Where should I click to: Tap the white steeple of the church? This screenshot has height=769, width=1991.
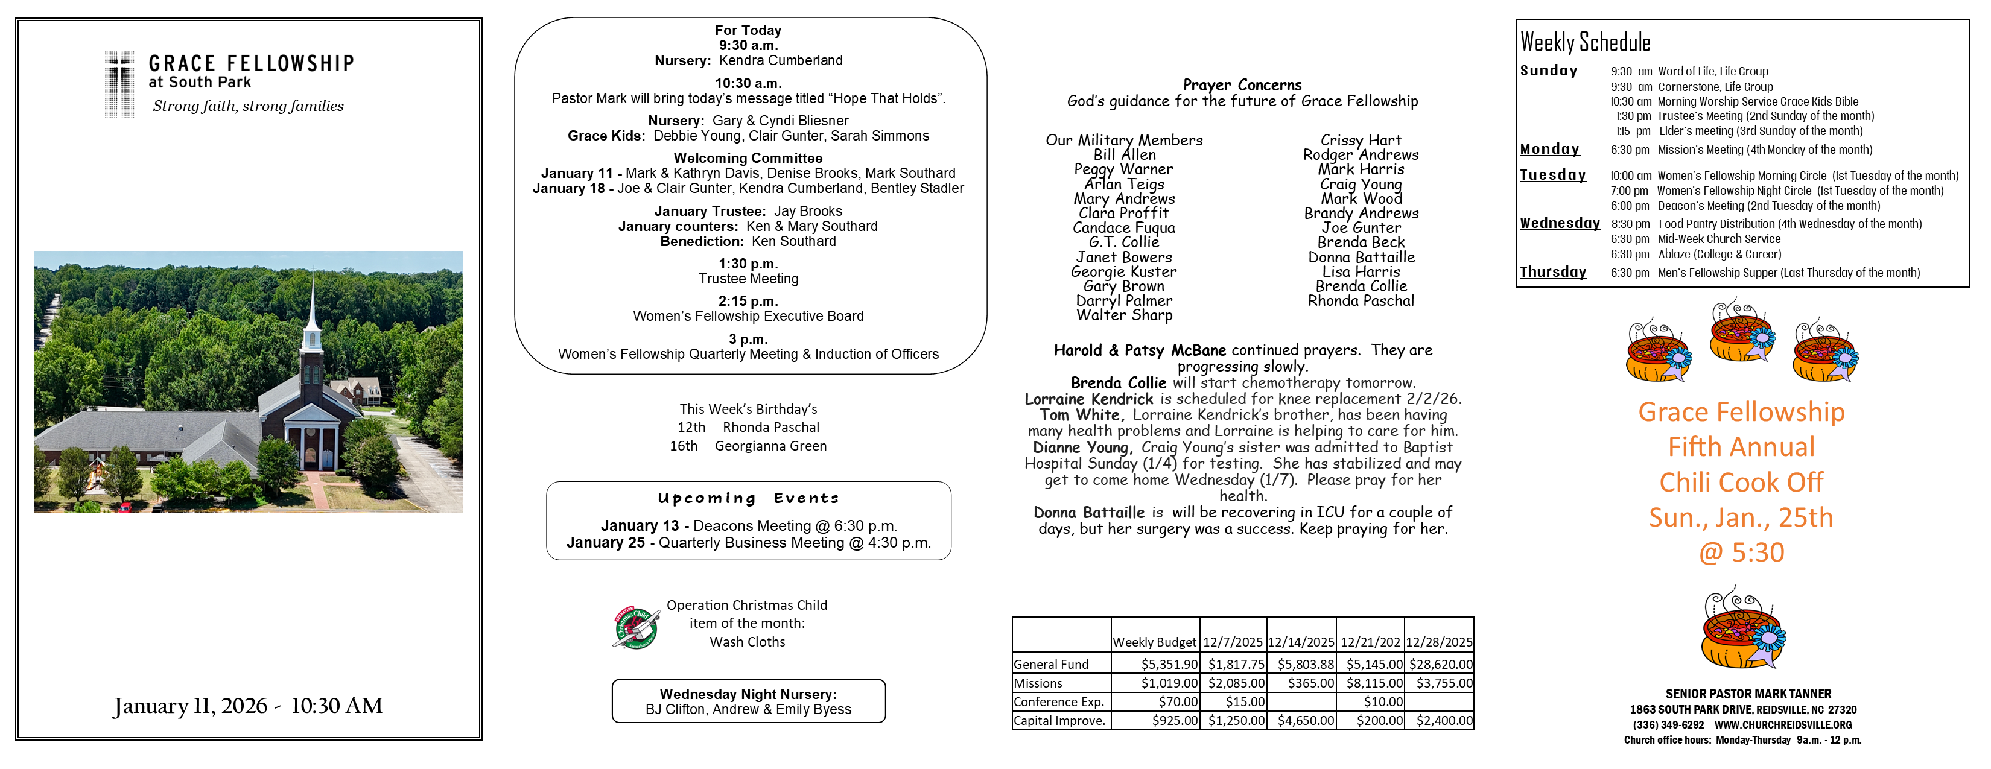point(313,309)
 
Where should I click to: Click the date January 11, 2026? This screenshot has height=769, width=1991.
point(190,706)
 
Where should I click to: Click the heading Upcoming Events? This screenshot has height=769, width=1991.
point(748,499)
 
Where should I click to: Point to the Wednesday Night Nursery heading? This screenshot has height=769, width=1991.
point(748,694)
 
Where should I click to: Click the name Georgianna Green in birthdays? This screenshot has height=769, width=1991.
point(770,446)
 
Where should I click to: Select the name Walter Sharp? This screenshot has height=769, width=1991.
point(1124,315)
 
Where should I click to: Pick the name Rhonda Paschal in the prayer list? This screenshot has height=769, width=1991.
point(1361,300)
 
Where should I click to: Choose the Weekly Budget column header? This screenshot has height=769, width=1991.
point(1154,642)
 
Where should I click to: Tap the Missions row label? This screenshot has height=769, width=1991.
point(1038,683)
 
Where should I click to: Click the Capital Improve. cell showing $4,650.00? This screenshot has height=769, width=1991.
point(1306,720)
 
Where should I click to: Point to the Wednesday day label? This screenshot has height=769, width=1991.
point(1559,223)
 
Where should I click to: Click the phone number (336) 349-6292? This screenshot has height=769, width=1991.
point(1668,725)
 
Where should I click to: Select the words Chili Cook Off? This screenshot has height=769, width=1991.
point(1741,483)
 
